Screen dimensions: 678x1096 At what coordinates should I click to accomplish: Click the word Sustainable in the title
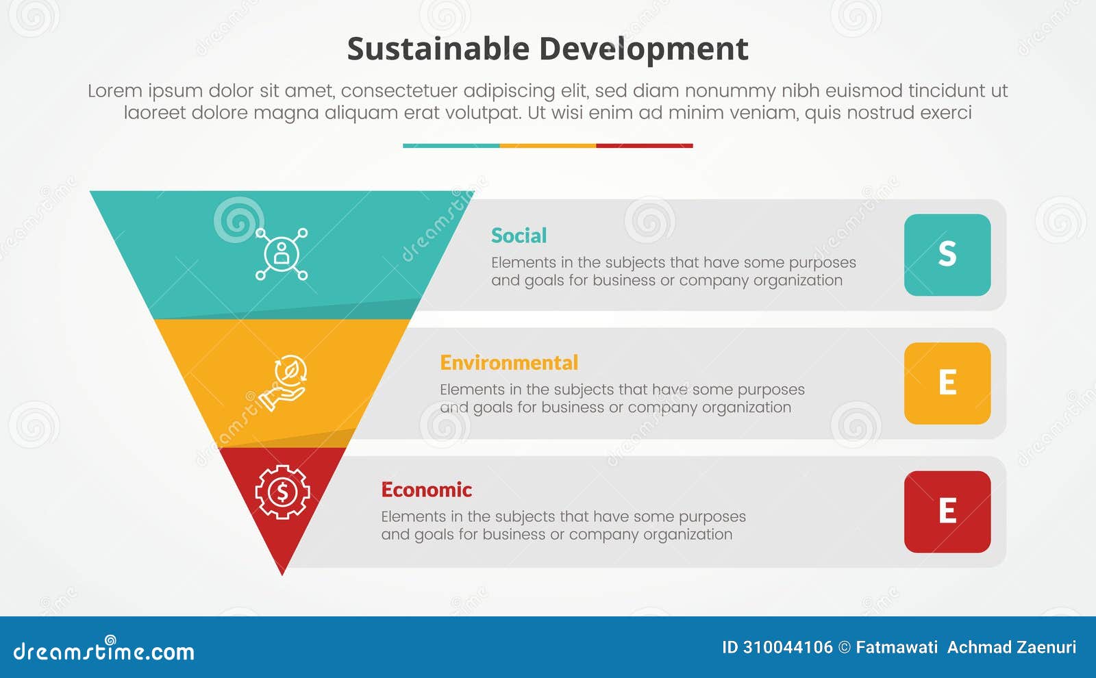[438, 49]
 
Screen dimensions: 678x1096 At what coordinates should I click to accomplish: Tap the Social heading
[519, 236]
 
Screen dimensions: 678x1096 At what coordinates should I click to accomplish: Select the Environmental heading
[509, 362]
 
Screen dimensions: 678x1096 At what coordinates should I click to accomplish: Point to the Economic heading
[426, 490]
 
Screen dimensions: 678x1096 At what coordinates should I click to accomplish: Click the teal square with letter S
[947, 255]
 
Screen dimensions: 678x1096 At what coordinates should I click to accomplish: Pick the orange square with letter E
[947, 383]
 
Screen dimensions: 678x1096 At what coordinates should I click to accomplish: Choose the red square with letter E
[947, 512]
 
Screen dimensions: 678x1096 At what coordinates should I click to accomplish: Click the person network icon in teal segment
[282, 254]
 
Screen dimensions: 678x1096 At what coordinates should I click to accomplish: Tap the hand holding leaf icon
[283, 382]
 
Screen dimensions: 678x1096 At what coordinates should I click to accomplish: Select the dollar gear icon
[282, 491]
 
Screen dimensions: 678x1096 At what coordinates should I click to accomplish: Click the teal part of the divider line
[451, 146]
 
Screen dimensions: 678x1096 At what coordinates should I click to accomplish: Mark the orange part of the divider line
[547, 146]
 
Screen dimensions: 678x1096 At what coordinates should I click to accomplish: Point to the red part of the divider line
[644, 146]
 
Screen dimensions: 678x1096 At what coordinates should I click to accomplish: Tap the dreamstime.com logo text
[103, 651]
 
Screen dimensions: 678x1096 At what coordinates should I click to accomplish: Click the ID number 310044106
[788, 647]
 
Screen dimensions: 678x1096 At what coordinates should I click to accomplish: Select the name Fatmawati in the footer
[896, 647]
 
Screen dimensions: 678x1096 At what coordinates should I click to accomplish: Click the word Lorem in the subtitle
[114, 90]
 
